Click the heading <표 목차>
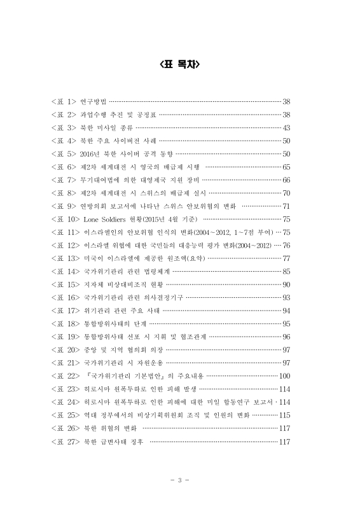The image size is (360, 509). [x=179, y=64]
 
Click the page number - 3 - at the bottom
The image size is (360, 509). [x=180, y=479]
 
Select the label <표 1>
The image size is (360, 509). [x=64, y=102]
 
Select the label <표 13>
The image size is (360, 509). [x=66, y=258]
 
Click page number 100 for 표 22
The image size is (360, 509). [x=285, y=375]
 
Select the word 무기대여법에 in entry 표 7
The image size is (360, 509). [x=101, y=180]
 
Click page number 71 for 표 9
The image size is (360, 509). [x=286, y=206]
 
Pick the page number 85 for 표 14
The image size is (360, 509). [x=286, y=271]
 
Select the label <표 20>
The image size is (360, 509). [x=66, y=349]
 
